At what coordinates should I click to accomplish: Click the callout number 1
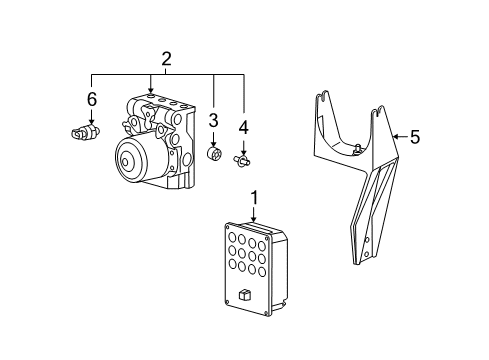tap(254, 199)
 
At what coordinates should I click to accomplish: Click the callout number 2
tap(167, 59)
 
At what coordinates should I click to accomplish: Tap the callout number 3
tap(213, 122)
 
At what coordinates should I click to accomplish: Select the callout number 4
tap(243, 127)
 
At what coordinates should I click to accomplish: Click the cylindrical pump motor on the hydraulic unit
tap(134, 158)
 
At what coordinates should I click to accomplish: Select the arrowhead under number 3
tap(213, 142)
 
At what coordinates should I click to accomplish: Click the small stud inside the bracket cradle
tap(357, 149)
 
